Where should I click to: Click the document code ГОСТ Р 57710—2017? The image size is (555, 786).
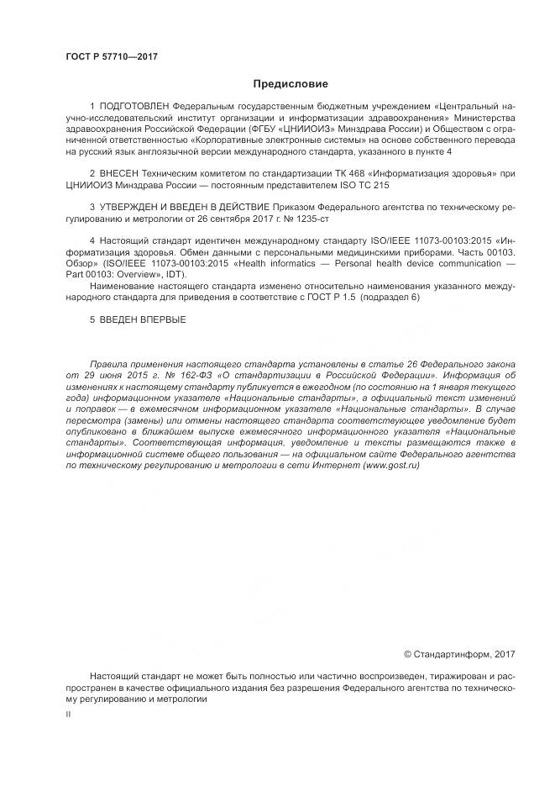(x=111, y=57)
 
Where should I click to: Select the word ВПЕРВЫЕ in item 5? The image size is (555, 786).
(x=161, y=320)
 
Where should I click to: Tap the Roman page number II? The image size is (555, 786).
(x=68, y=713)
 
